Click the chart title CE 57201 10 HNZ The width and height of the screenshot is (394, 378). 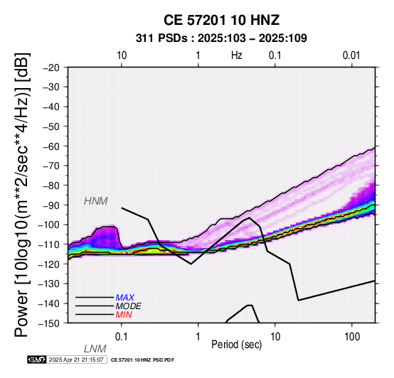tap(221, 20)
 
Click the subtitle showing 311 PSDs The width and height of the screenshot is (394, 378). tap(221, 38)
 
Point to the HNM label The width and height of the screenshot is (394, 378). tap(96, 201)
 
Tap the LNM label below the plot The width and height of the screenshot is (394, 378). tap(95, 349)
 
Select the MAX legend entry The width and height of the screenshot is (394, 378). tap(125, 298)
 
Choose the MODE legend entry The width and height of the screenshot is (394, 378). tap(129, 306)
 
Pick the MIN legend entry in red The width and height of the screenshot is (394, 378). tap(124, 315)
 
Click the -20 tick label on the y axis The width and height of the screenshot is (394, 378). tap(51, 67)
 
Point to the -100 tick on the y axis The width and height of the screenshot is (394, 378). tap(49, 225)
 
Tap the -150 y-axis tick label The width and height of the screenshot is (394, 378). tap(49, 323)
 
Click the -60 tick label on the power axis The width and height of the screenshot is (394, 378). tap(51, 146)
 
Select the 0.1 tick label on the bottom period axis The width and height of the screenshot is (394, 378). tap(121, 337)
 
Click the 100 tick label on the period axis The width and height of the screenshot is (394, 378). tap(352, 337)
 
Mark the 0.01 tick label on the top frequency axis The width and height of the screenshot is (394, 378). tap(351, 55)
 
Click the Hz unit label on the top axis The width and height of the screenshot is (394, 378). tap(237, 55)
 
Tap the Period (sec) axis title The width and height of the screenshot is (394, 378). tap(237, 345)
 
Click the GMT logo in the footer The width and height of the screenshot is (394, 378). tap(37, 360)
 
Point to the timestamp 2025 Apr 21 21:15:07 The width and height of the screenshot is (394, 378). tap(76, 360)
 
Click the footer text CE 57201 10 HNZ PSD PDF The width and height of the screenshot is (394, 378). tap(142, 360)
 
